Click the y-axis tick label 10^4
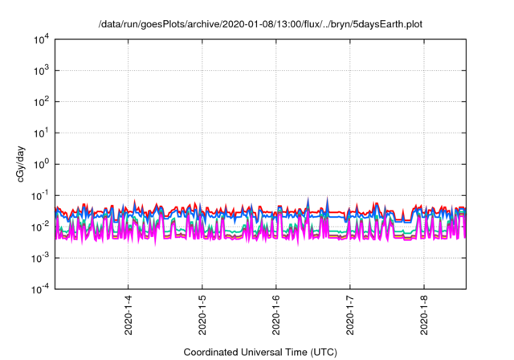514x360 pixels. [41, 39]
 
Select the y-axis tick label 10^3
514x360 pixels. [41, 70]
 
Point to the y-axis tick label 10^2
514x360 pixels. [41, 101]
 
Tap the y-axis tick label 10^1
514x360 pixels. [41, 133]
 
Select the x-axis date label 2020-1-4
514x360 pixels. [128, 315]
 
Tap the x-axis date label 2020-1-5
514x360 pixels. [202, 315]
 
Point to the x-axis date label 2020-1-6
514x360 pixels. [275, 315]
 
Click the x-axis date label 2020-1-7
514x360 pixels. [349, 315]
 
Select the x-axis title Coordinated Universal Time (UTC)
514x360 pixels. [260, 352]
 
